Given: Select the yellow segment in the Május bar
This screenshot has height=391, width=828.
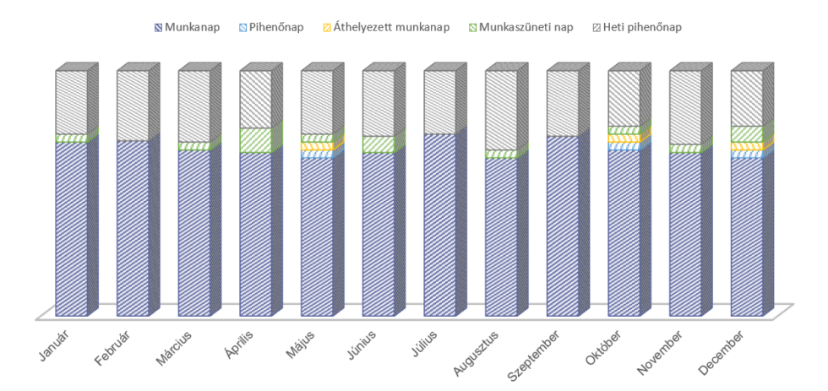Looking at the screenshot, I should [316, 146].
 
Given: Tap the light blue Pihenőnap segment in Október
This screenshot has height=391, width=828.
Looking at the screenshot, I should [623, 146].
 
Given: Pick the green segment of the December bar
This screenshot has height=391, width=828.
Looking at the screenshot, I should [746, 133].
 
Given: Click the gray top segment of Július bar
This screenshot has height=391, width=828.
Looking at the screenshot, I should [439, 101].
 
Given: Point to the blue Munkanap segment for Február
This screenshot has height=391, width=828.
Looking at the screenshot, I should [133, 228].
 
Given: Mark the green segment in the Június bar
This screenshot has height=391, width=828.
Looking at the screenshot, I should [378, 144].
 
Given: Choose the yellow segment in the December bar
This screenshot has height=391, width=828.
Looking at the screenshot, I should [746, 146].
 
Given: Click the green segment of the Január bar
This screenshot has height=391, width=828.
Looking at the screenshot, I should [71, 138].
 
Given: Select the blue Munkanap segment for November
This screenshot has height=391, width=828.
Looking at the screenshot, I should [684, 232].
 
